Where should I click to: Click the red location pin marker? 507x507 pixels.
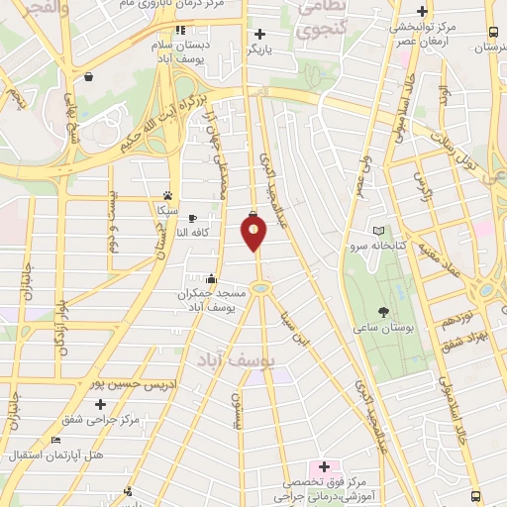point(254,232)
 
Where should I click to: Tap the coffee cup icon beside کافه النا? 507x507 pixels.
point(192,218)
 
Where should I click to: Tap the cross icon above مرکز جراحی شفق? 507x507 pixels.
point(100,405)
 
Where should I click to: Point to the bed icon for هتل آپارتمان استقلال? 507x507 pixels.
point(55,440)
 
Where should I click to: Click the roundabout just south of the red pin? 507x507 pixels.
point(260,288)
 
